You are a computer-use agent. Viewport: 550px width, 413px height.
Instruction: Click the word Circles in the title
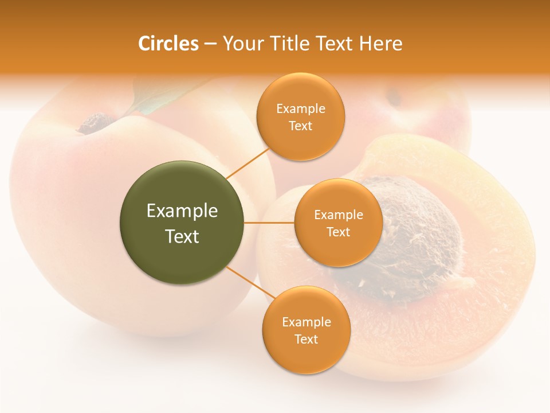click(168, 44)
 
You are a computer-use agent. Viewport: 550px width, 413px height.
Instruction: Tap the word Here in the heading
click(381, 44)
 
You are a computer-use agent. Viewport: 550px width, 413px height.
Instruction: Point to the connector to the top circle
click(247, 162)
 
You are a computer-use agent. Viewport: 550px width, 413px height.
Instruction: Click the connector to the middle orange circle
click(269, 223)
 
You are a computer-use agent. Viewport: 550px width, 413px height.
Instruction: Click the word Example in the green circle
click(182, 211)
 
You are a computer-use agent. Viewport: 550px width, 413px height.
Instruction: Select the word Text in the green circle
click(182, 236)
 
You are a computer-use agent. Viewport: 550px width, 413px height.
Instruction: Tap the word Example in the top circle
click(300, 109)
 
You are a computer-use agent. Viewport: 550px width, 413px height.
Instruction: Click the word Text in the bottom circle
click(306, 339)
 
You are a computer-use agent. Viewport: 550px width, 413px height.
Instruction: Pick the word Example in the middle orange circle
click(338, 215)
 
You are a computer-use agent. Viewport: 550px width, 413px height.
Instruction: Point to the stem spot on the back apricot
click(394, 98)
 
